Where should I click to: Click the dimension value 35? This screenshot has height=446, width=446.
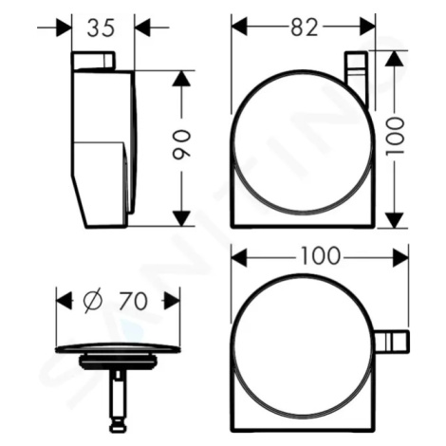(101, 28)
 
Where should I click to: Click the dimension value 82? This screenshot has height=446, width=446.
(304, 27)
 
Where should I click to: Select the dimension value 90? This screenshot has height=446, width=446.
(181, 145)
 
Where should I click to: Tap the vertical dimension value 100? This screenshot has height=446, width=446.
(395, 136)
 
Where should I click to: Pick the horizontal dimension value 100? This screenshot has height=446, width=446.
(320, 255)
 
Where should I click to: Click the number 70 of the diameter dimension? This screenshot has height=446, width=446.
(133, 301)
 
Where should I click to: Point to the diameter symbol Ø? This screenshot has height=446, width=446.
(93, 301)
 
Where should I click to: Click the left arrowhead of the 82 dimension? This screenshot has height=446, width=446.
(239, 28)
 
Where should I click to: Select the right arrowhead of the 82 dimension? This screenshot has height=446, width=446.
(367, 28)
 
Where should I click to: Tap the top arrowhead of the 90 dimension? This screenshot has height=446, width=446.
(181, 79)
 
